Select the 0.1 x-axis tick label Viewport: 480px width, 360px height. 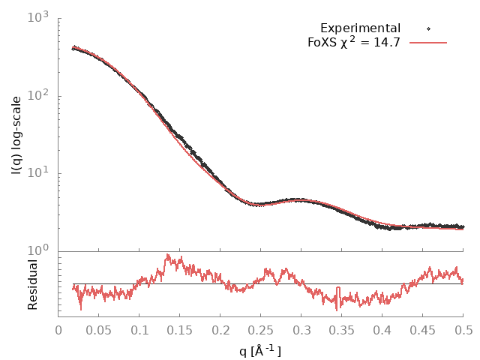pos(139,331)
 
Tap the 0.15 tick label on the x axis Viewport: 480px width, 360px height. pos(180,331)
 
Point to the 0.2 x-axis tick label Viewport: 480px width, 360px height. pos(220,331)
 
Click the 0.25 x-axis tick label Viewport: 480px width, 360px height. pos(261,331)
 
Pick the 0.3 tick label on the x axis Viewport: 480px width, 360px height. pos(301,331)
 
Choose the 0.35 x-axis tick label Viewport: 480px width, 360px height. pos(342,331)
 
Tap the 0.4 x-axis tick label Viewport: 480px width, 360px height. pos(382,331)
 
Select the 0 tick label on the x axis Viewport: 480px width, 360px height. pos(59,331)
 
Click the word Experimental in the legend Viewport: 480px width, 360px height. pos(360,28)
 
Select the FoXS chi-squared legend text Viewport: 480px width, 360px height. pos(355,42)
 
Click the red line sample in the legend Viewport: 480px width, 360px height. pos(427,43)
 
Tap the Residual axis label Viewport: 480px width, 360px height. pos(32,284)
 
